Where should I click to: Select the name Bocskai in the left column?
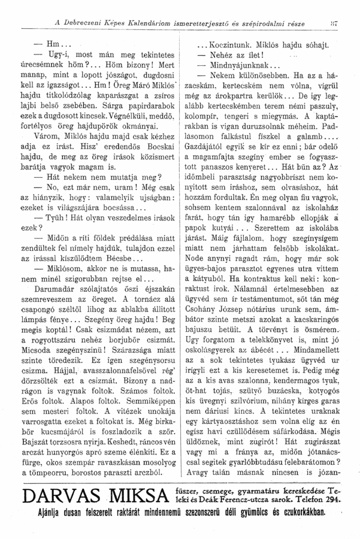pyautogui.click(x=156, y=146)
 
